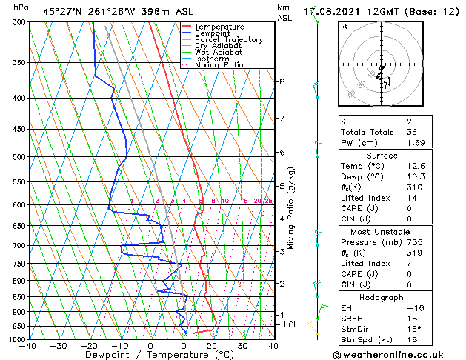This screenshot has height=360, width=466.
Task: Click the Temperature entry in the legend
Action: tap(219, 27)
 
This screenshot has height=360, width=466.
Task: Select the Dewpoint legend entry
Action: tap(214, 33)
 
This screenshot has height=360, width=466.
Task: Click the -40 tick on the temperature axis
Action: tap(28, 346)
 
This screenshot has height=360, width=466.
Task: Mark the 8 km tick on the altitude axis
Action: tap(282, 81)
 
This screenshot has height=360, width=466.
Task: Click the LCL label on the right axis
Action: tap(291, 325)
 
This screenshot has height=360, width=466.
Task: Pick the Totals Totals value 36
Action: tap(412, 132)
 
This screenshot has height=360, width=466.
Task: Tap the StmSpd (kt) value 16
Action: tap(412, 339)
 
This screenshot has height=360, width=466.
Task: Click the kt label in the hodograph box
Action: tap(344, 27)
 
